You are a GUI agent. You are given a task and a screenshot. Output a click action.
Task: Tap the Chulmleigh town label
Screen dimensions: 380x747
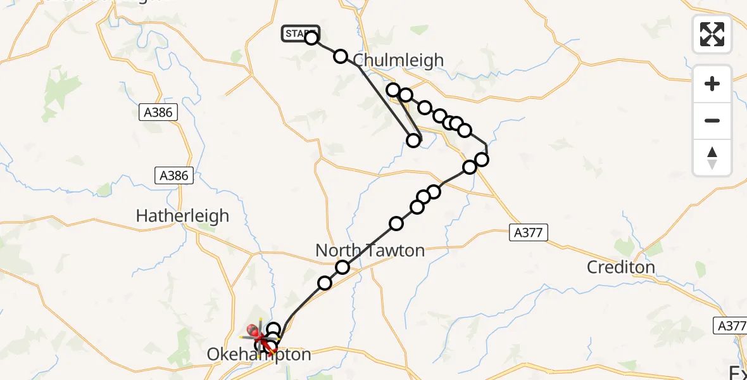(x=398, y=60)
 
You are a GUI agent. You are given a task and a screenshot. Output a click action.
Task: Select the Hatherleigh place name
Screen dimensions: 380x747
(x=182, y=216)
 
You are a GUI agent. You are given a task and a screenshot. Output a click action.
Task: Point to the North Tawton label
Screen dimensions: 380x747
(x=370, y=251)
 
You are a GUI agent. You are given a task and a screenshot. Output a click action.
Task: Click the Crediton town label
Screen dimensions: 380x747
(x=620, y=267)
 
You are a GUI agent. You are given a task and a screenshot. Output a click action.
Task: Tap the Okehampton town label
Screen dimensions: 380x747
(x=260, y=355)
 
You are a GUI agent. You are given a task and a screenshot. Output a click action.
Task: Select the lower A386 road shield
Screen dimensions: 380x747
(x=175, y=175)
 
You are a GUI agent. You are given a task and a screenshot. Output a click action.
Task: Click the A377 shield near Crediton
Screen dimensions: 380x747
(x=528, y=232)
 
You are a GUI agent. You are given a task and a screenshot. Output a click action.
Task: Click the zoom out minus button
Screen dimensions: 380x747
(x=712, y=121)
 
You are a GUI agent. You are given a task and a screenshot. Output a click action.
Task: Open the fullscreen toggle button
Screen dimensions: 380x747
(x=712, y=34)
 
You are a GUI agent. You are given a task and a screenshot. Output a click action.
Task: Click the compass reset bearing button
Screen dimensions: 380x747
(x=712, y=157)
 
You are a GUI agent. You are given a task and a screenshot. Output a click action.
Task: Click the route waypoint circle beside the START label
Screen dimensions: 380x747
(x=311, y=38)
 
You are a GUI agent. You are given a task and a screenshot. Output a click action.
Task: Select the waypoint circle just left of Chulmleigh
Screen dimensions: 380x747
(x=341, y=56)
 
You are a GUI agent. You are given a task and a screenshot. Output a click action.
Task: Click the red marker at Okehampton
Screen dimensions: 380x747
(x=253, y=330)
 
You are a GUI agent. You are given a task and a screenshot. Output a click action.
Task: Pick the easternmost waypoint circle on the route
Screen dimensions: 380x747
(x=482, y=159)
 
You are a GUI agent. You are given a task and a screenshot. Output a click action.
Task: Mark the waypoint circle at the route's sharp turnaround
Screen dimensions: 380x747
(x=413, y=141)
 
